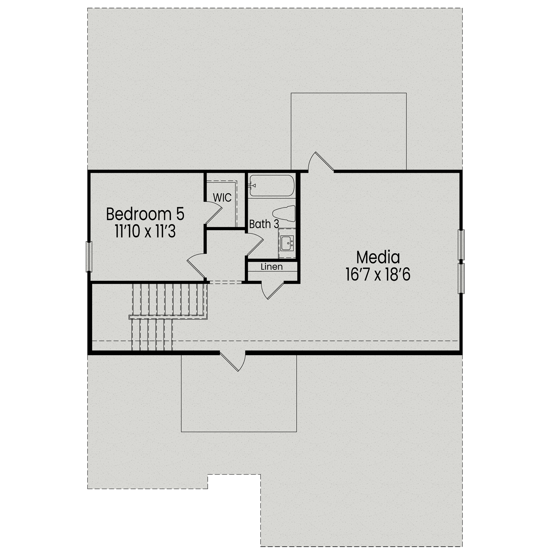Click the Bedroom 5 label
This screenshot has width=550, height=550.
pyautogui.click(x=145, y=214)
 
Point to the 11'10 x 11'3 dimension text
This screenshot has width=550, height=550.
pyautogui.click(x=145, y=232)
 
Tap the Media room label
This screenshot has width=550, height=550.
pyautogui.click(x=378, y=257)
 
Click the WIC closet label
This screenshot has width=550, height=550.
pyautogui.click(x=222, y=198)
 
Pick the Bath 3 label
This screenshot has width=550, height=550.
pyautogui.click(x=264, y=224)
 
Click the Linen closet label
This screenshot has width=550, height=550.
pyautogui.click(x=272, y=267)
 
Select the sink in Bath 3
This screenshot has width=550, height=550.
pyautogui.click(x=287, y=242)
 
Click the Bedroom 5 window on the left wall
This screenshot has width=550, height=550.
pyautogui.click(x=89, y=256)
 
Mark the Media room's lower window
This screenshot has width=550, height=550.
pyautogui.click(x=461, y=278)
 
